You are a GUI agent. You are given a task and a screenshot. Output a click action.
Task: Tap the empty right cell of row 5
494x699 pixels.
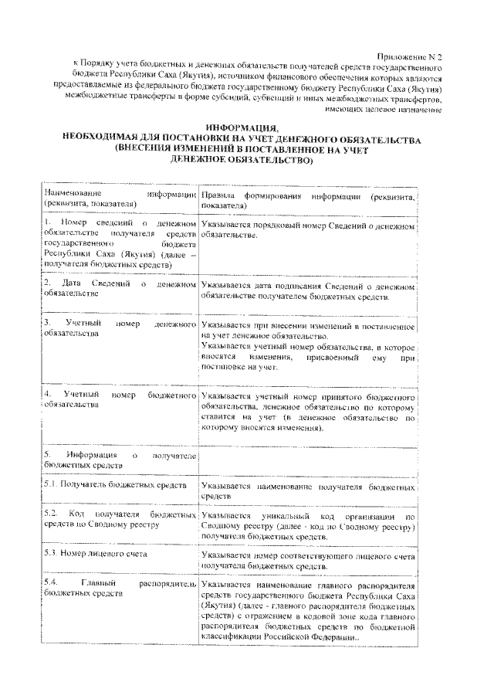point(307,460)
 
